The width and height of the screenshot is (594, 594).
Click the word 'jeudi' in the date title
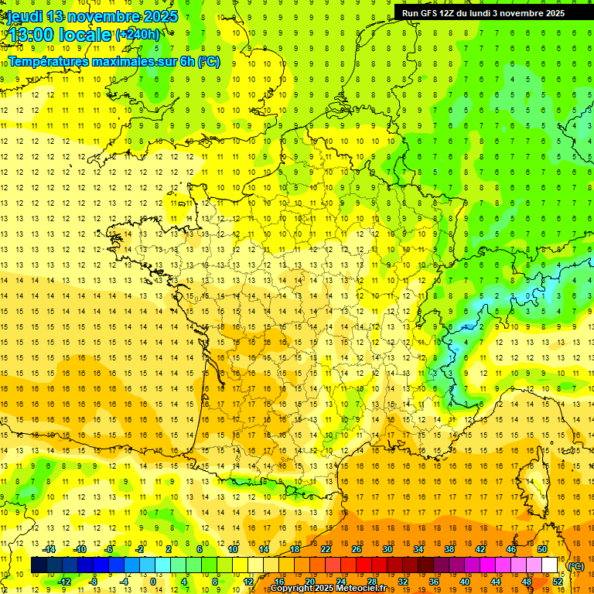point(24,16)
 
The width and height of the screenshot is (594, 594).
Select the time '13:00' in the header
point(32,35)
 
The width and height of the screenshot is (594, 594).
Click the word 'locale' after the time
point(86,35)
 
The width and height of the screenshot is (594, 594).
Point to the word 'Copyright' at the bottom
point(292,589)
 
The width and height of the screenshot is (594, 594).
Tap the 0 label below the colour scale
point(152,582)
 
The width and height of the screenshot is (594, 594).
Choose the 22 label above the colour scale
point(326,549)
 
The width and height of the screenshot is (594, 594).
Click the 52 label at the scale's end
point(558,582)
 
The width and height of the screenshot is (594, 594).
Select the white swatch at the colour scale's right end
point(549,565)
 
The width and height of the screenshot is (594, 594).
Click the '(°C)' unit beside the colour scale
point(576,566)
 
